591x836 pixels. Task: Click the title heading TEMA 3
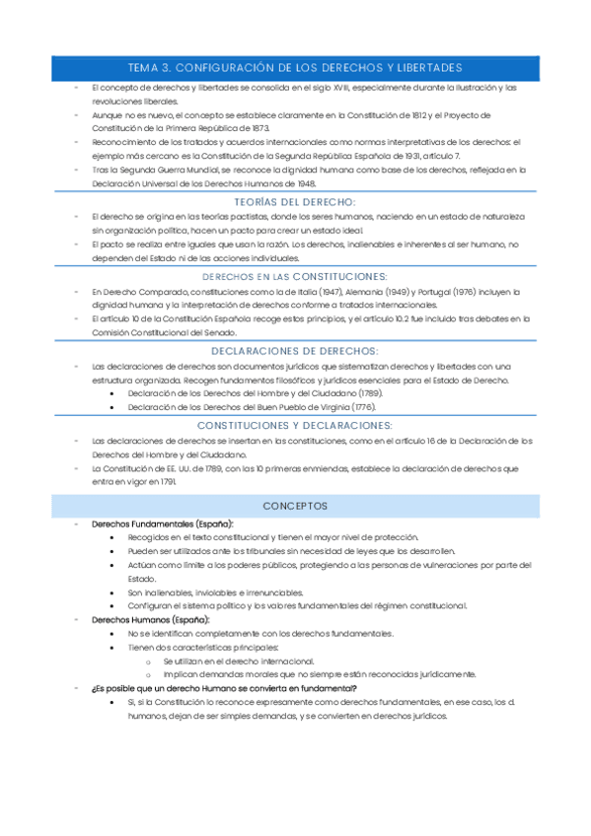click(295, 68)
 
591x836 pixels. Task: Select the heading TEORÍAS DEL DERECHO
click(295, 201)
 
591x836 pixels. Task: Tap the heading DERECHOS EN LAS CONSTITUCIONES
click(295, 277)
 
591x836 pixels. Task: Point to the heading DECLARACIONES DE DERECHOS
click(295, 351)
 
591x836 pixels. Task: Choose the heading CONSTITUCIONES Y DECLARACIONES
click(295, 425)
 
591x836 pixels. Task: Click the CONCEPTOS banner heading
click(295, 506)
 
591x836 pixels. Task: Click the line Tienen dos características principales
click(203, 647)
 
